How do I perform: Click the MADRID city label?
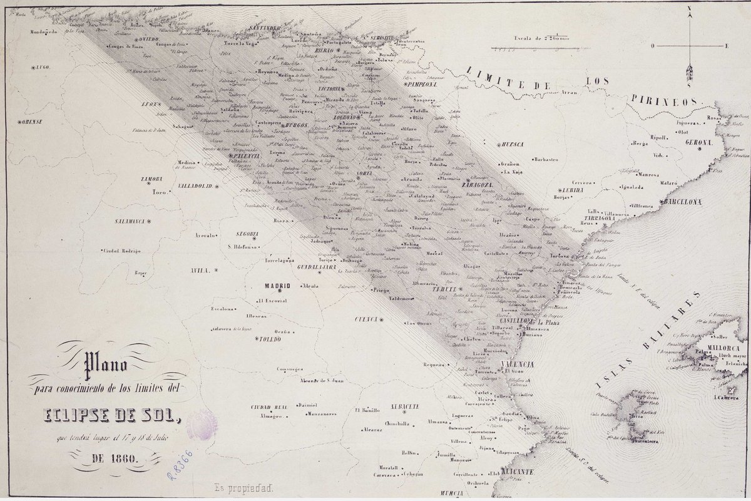click(x=277, y=286)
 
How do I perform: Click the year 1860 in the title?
click(x=114, y=458)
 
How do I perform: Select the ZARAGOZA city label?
click(x=479, y=186)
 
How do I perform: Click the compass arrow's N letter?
click(x=689, y=9)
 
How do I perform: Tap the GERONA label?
click(x=699, y=143)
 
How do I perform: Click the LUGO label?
click(x=43, y=66)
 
